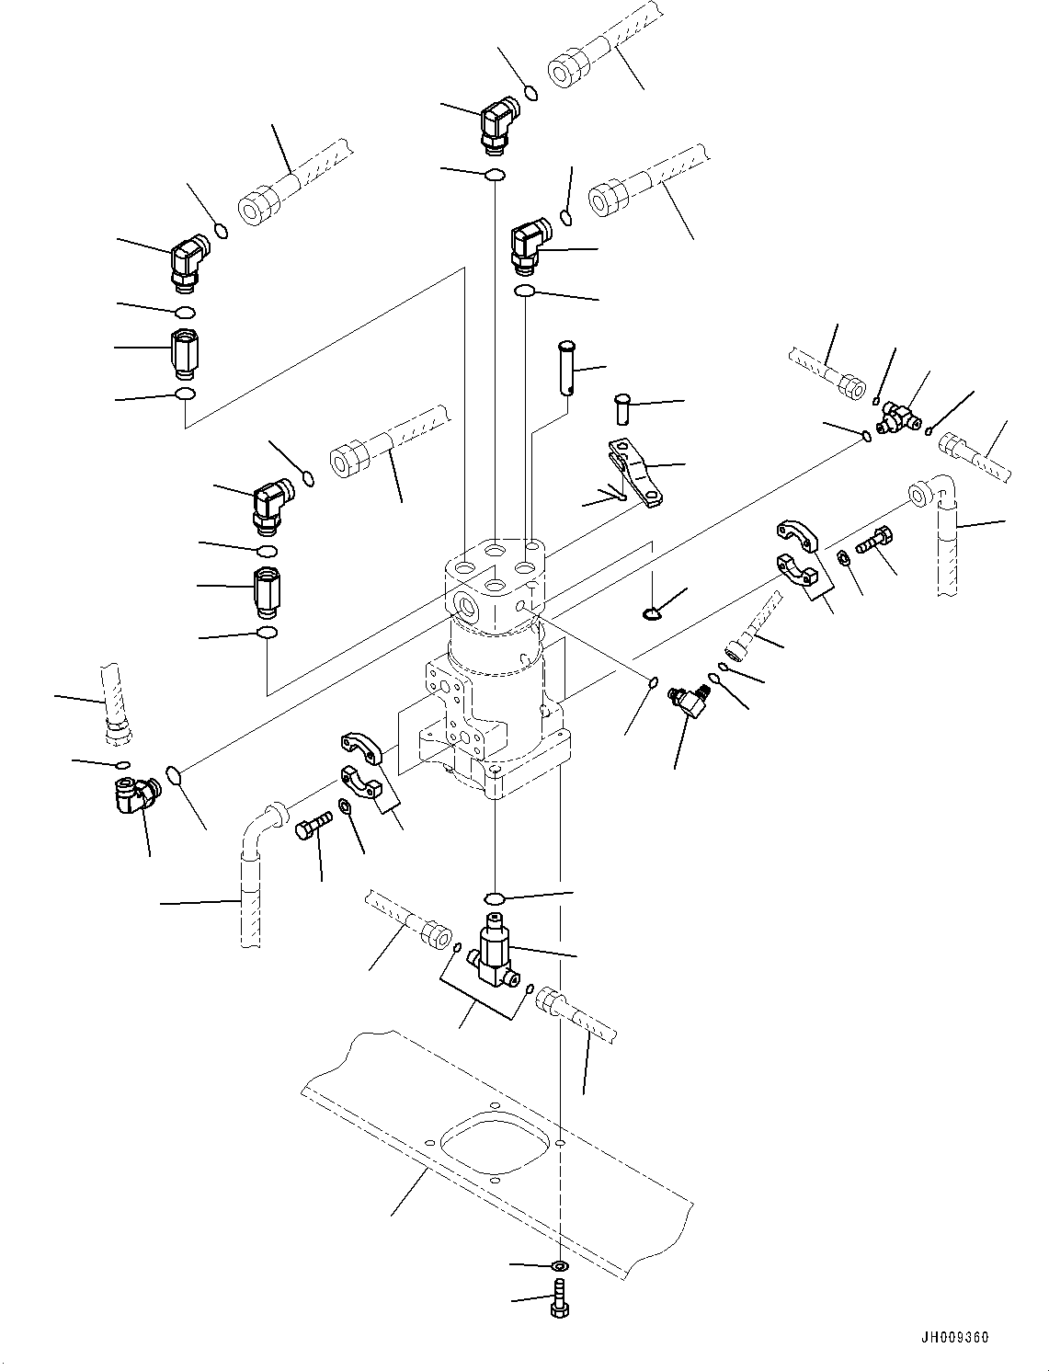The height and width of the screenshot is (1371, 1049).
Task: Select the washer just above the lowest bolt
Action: [x=559, y=1267]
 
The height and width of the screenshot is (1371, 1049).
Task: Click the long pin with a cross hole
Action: [x=566, y=368]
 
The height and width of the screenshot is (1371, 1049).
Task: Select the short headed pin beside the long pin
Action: [x=622, y=407]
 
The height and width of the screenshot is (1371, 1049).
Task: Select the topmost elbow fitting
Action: [x=497, y=124]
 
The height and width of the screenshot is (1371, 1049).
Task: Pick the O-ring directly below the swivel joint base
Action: [x=494, y=898]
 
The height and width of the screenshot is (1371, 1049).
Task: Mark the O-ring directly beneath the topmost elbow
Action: [x=495, y=175]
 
